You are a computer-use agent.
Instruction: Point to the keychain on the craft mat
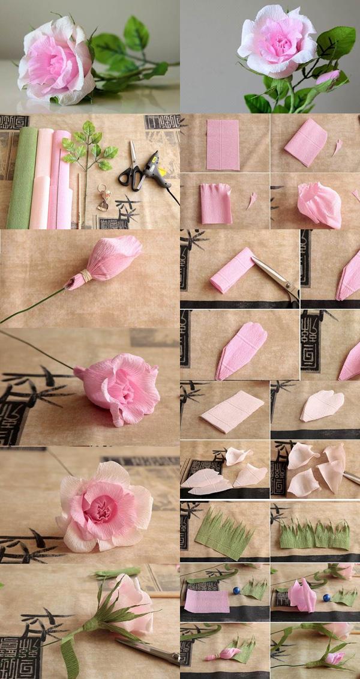coord(103,198)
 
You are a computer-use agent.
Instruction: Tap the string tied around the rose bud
coord(86,276)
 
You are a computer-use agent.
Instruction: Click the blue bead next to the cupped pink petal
coord(326,598)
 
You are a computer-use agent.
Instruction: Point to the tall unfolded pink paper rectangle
coord(223,145)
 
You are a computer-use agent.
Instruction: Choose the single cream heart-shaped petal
coord(322,406)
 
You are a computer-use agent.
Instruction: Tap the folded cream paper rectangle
coord(232,411)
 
